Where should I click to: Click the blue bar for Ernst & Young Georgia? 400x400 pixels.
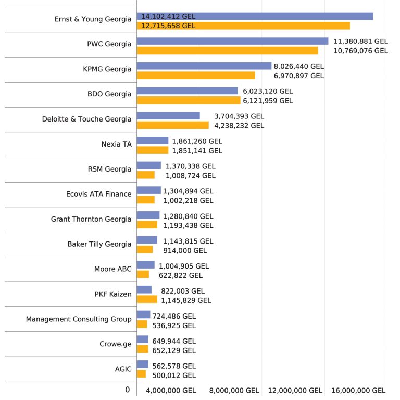(255, 16)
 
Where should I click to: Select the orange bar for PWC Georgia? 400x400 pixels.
(227, 51)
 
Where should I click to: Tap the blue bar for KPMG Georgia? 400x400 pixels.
(204, 66)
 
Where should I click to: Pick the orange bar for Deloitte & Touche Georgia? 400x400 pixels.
(172, 125)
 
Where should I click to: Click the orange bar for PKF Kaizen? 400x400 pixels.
(147, 300)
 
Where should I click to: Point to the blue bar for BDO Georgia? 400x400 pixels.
(187, 91)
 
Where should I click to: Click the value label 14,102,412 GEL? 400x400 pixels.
(168, 16)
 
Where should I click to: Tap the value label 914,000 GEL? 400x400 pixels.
(185, 250)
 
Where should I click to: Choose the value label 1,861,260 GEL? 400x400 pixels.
(197, 141)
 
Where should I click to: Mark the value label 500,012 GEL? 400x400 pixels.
(174, 375)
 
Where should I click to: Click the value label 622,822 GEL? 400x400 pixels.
(181, 275)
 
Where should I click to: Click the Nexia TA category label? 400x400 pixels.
(116, 144)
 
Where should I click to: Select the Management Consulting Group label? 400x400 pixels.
(79, 319)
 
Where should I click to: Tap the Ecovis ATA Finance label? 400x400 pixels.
(99, 194)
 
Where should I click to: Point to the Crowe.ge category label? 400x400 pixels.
(115, 344)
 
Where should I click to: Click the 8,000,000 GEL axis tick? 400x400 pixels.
(234, 390)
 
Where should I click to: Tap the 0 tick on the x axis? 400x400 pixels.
(127, 390)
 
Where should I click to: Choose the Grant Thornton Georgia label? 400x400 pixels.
(91, 219)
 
